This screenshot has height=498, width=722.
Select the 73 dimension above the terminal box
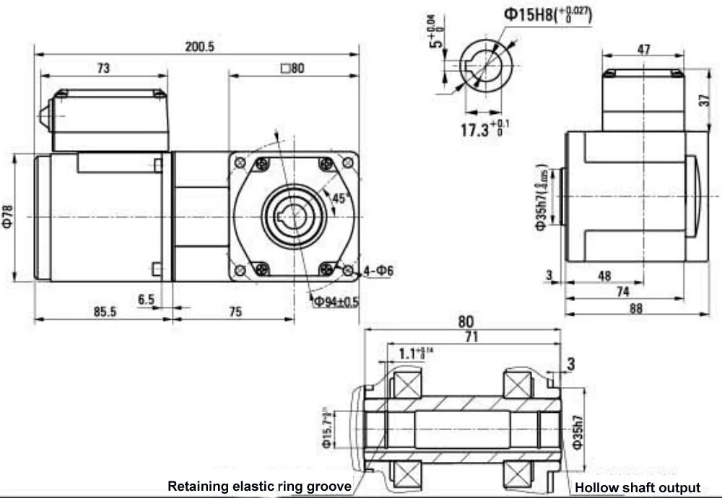tap(103, 68)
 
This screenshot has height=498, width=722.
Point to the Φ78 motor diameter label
tap(8, 217)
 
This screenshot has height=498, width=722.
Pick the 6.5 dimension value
tap(147, 298)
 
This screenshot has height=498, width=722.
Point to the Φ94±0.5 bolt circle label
tap(336, 302)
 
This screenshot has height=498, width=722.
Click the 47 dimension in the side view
tap(643, 50)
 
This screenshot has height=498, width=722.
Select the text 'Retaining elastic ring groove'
tap(259, 486)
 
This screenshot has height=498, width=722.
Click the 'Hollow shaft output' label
tap(638, 488)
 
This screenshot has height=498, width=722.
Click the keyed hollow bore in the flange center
tap(293, 217)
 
